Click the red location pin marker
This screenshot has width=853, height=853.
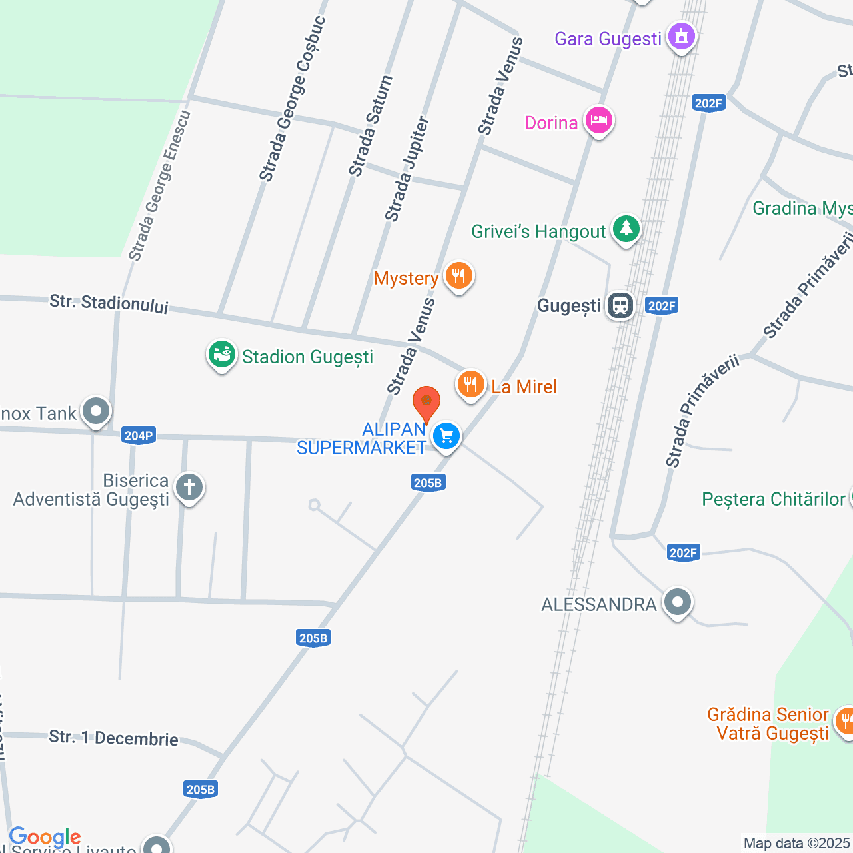[x=426, y=403]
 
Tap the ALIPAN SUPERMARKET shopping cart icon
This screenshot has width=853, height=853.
[x=446, y=437]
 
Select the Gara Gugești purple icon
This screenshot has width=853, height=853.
[x=681, y=36]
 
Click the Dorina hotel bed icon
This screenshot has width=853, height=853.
[x=598, y=121]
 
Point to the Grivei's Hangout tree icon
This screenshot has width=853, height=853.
[x=626, y=229]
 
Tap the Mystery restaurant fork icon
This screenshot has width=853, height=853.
[x=458, y=275]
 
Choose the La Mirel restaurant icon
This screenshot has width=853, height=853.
[x=470, y=385]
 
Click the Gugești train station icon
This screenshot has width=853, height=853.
[x=620, y=306]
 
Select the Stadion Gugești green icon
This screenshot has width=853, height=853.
[x=222, y=355]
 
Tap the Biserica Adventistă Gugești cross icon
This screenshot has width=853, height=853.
[x=189, y=488]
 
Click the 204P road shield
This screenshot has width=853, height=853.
[x=139, y=436]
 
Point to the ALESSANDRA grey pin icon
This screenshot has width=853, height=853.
[x=678, y=602]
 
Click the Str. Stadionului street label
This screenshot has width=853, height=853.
[x=109, y=304]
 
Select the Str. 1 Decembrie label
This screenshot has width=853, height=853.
[x=113, y=738]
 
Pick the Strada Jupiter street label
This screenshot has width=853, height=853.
[x=407, y=169]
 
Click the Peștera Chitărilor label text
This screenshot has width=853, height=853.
[x=773, y=499]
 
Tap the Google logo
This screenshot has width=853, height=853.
[x=45, y=837]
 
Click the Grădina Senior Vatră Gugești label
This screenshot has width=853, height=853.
[x=768, y=724]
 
